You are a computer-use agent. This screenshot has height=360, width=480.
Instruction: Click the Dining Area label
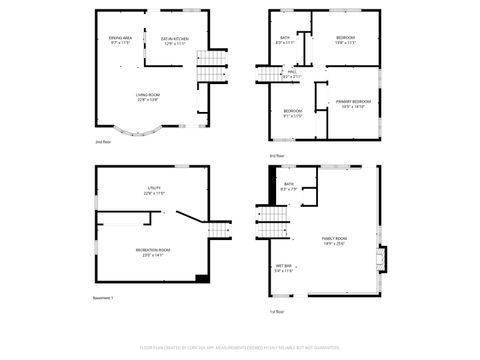[121, 41]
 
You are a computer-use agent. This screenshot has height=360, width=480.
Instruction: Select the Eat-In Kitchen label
[175, 41]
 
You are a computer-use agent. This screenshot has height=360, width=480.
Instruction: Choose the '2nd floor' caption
[103, 143]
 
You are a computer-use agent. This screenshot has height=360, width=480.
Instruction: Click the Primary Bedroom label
[354, 103]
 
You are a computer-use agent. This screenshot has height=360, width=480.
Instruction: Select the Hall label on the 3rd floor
[292, 74]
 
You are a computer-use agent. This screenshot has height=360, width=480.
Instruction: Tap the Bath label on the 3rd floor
[285, 41]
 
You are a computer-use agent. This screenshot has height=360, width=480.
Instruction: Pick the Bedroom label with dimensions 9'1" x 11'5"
[293, 113]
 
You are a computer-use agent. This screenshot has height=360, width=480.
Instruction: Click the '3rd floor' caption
[276, 156]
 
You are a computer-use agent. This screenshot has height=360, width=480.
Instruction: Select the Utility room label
[154, 190]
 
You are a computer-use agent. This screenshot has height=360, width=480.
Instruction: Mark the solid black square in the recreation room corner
[203, 277]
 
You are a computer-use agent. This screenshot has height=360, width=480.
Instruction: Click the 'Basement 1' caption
[105, 298]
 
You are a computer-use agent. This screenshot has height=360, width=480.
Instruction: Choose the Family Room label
[333, 240]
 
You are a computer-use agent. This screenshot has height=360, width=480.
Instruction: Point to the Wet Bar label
[283, 268]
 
